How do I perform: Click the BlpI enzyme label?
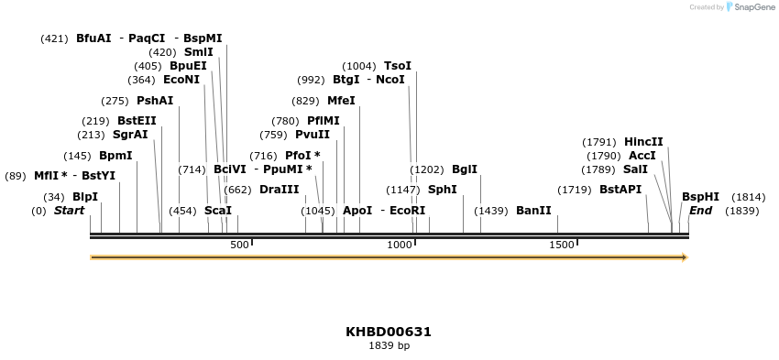84,197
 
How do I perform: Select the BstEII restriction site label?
137,121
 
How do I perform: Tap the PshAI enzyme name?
154,101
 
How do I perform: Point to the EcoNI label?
181,80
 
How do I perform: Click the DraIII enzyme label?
279,190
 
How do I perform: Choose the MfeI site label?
341,101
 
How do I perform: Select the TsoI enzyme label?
397,66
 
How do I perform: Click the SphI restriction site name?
442,190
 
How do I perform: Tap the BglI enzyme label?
465,169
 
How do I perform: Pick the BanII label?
533,211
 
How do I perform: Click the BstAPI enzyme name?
620,190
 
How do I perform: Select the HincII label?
643,142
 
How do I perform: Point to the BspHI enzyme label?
700,197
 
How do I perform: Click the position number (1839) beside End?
741,211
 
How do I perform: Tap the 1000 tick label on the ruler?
400,245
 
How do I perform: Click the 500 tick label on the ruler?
239,245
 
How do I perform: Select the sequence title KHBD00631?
389,332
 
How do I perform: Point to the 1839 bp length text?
389,346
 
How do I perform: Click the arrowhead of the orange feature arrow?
684,257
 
